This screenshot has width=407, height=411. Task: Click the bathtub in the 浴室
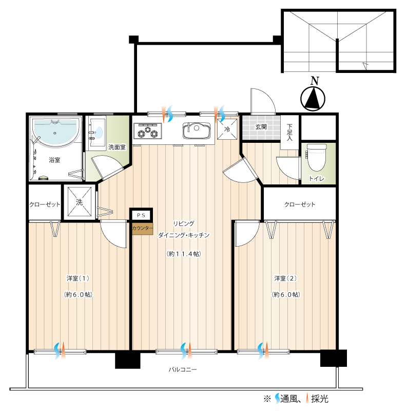[x=55, y=132]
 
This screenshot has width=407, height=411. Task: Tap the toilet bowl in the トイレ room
[x=317, y=157]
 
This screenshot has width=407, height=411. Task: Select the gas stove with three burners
[x=147, y=130]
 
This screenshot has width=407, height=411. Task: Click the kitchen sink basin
[x=197, y=130]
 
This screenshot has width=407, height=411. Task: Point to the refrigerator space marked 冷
[x=227, y=129]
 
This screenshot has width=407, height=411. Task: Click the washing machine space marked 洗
[x=80, y=202]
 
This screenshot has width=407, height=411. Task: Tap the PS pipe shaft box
[x=141, y=215]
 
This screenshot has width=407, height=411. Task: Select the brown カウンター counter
[x=143, y=228]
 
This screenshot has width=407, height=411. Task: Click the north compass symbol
[x=313, y=99]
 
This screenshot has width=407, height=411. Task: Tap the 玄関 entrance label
[x=261, y=127]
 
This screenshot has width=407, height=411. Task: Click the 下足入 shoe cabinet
[x=289, y=133]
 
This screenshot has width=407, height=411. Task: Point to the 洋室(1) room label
[x=78, y=278]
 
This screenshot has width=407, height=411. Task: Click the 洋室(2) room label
[x=285, y=278]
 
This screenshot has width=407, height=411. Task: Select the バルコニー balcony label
[x=183, y=369]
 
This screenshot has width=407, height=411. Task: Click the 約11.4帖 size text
[x=184, y=254]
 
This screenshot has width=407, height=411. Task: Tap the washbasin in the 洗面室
[x=97, y=133]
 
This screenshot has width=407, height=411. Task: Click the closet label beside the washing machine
[x=45, y=204]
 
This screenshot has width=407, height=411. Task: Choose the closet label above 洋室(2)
[x=300, y=204]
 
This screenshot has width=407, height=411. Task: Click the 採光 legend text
[x=320, y=399]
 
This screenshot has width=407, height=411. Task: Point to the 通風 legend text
[x=289, y=399]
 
